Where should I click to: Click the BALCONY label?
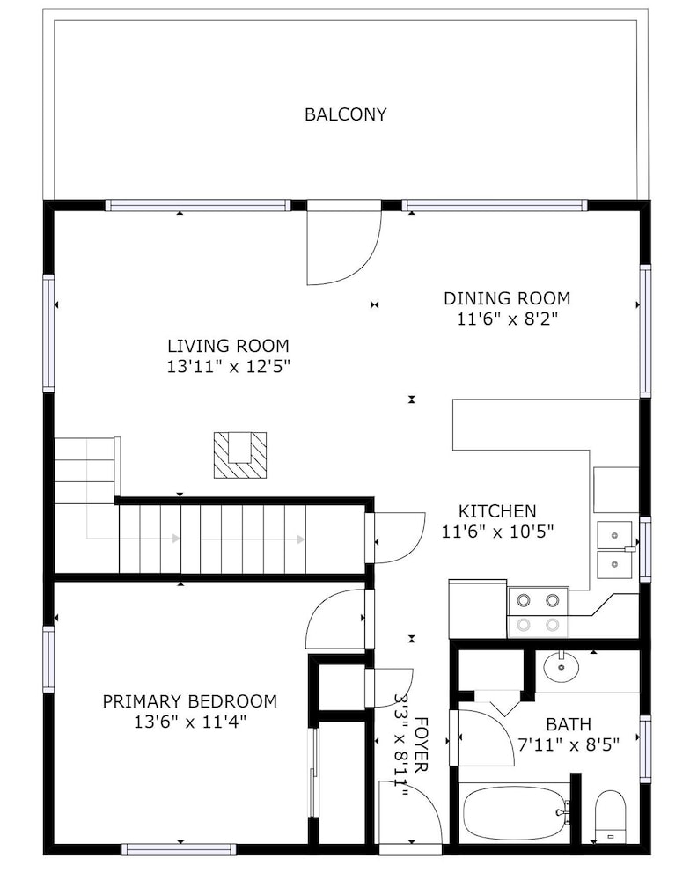(345, 114)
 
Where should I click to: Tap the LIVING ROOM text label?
(229, 346)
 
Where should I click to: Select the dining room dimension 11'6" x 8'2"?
(507, 319)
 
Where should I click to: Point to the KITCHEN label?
(497, 511)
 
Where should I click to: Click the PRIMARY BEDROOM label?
(190, 701)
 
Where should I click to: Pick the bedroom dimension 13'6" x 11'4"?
(190, 722)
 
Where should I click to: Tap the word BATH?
(569, 724)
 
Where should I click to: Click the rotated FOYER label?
(421, 744)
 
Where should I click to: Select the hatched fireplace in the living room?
(240, 455)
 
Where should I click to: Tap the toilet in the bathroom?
(610, 817)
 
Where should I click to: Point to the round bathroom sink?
(562, 667)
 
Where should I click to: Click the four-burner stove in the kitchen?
(539, 612)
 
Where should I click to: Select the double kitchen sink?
(615, 550)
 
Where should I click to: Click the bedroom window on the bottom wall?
(179, 848)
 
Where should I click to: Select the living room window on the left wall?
(48, 334)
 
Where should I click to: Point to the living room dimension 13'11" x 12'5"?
(229, 366)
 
